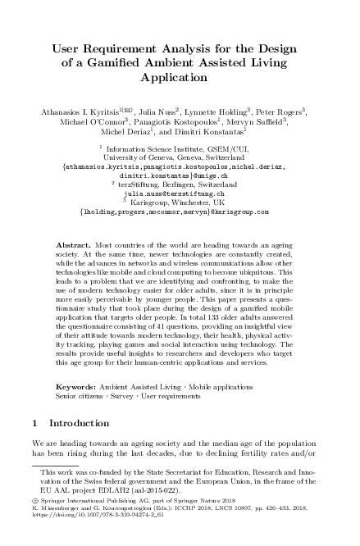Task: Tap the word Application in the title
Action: click(x=180, y=79)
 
